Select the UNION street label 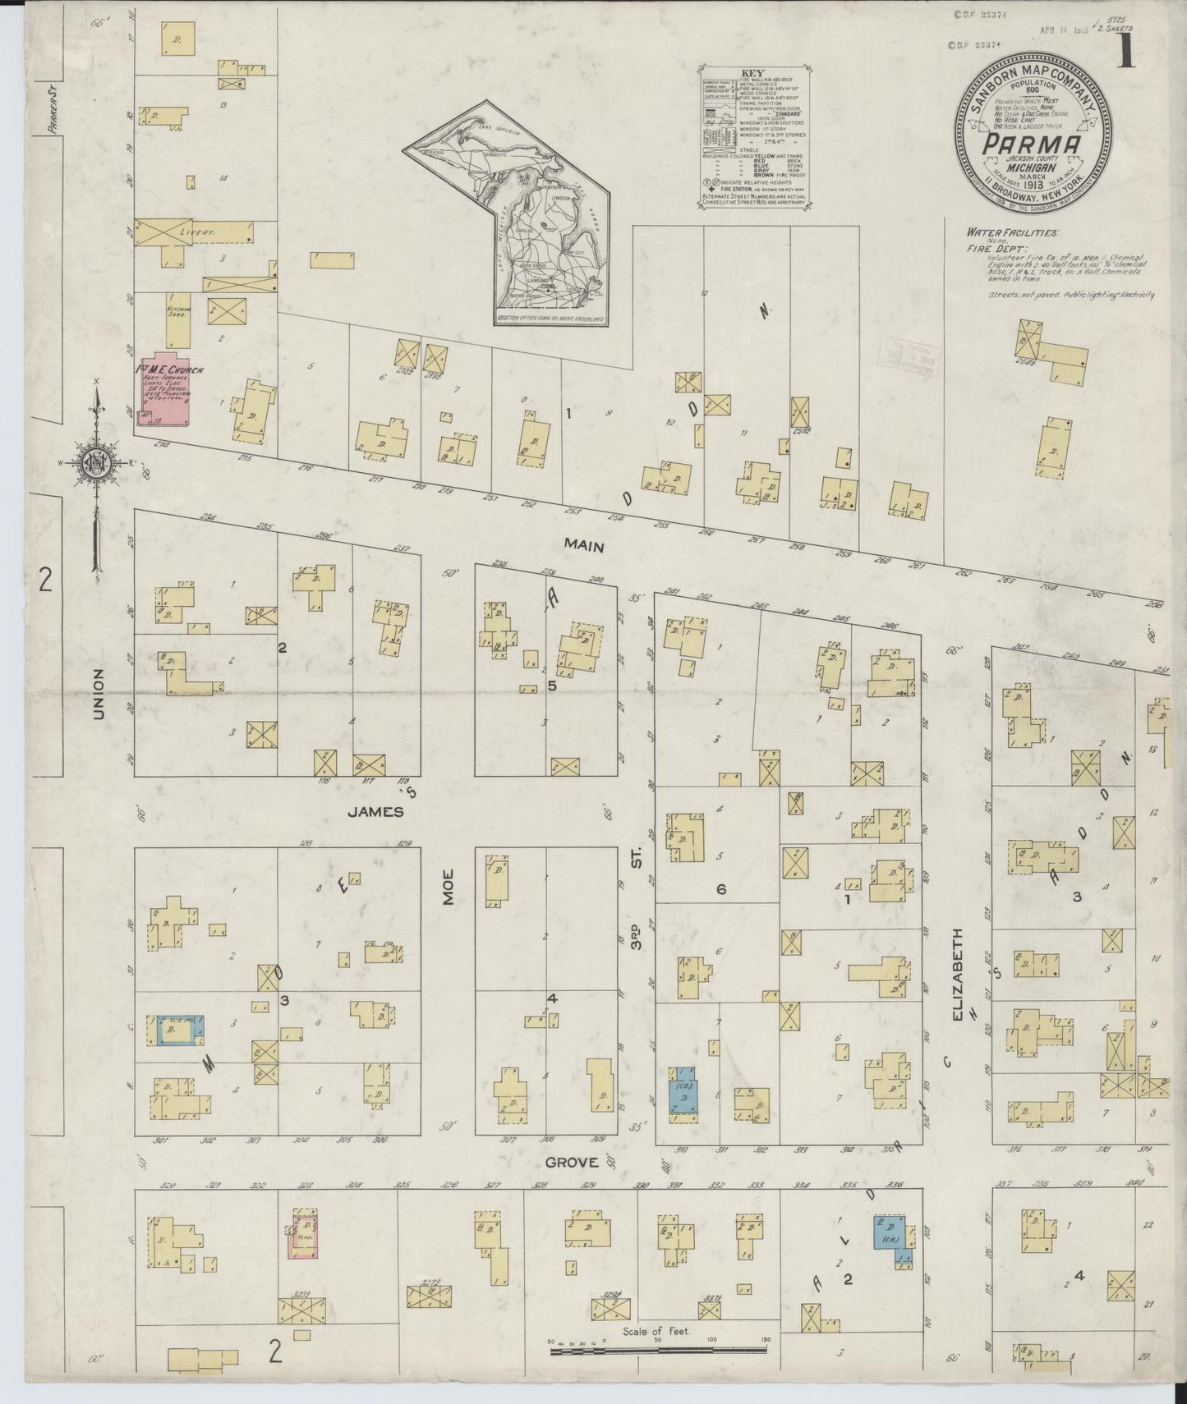(x=99, y=694)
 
